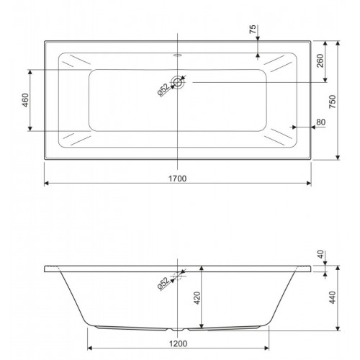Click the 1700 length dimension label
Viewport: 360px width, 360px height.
pos(177,179)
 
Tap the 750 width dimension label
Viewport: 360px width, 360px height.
pos(333,102)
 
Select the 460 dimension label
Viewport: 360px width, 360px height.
pos(25,100)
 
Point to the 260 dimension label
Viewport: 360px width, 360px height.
pos(320,60)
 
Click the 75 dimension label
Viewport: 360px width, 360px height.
pos(253,29)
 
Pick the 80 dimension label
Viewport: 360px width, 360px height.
pos(320,122)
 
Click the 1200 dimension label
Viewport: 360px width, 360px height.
pos(178,343)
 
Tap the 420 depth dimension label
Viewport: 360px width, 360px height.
pos(197,298)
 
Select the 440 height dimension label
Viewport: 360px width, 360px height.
pos(333,297)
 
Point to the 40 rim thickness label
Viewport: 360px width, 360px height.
pos(320,254)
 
